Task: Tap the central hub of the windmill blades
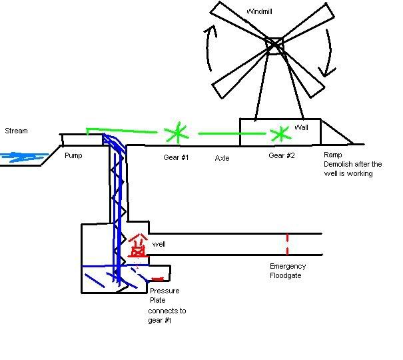(x=274, y=45)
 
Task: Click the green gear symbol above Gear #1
(x=177, y=133)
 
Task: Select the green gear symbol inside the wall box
(x=280, y=133)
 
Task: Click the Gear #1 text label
(x=176, y=157)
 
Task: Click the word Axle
(x=222, y=158)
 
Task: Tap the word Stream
(x=16, y=131)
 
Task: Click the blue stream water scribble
(x=20, y=157)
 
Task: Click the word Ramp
(x=333, y=155)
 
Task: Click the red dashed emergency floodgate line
(x=287, y=243)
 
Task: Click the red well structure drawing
(x=138, y=245)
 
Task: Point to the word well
(x=159, y=244)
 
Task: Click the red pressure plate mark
(x=158, y=279)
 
